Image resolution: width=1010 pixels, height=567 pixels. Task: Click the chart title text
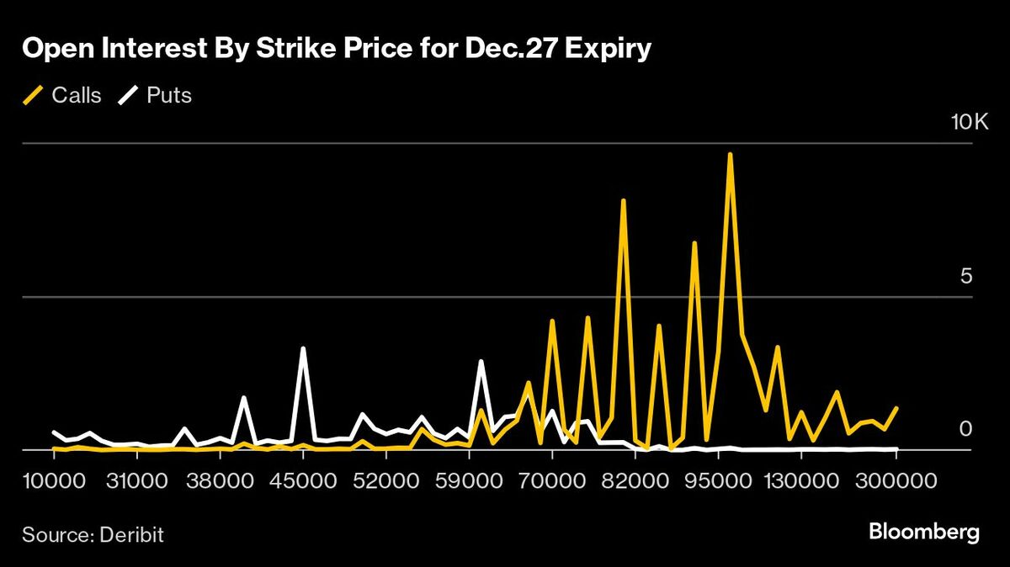point(337,50)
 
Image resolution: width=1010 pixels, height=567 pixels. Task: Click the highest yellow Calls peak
point(730,155)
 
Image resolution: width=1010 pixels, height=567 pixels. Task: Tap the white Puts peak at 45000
point(303,348)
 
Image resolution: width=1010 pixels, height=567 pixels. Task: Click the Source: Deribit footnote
point(93,534)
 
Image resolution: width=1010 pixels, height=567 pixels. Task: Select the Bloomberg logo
point(924,533)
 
